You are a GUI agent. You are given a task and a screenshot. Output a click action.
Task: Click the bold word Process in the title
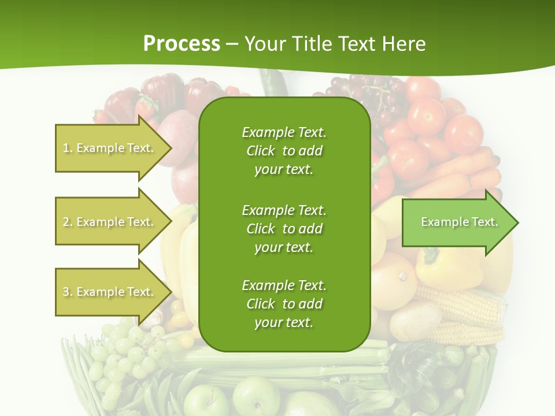(x=182, y=43)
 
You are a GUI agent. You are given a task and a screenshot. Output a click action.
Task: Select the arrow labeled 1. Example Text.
(x=110, y=148)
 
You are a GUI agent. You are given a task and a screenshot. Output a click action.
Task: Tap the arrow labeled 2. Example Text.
(x=110, y=222)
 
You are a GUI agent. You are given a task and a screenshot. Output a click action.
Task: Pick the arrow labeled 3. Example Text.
(x=110, y=292)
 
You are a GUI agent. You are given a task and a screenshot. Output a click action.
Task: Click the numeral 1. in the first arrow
(x=68, y=148)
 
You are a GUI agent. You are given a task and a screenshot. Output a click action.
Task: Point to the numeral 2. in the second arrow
(x=68, y=222)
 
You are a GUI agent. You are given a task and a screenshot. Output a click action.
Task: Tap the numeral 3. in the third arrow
(x=68, y=292)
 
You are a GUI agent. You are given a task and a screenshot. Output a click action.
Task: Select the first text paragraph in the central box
(x=284, y=151)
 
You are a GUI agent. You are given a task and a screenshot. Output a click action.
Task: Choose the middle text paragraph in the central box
(x=284, y=228)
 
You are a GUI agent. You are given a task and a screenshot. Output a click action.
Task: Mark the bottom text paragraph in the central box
(x=284, y=304)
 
